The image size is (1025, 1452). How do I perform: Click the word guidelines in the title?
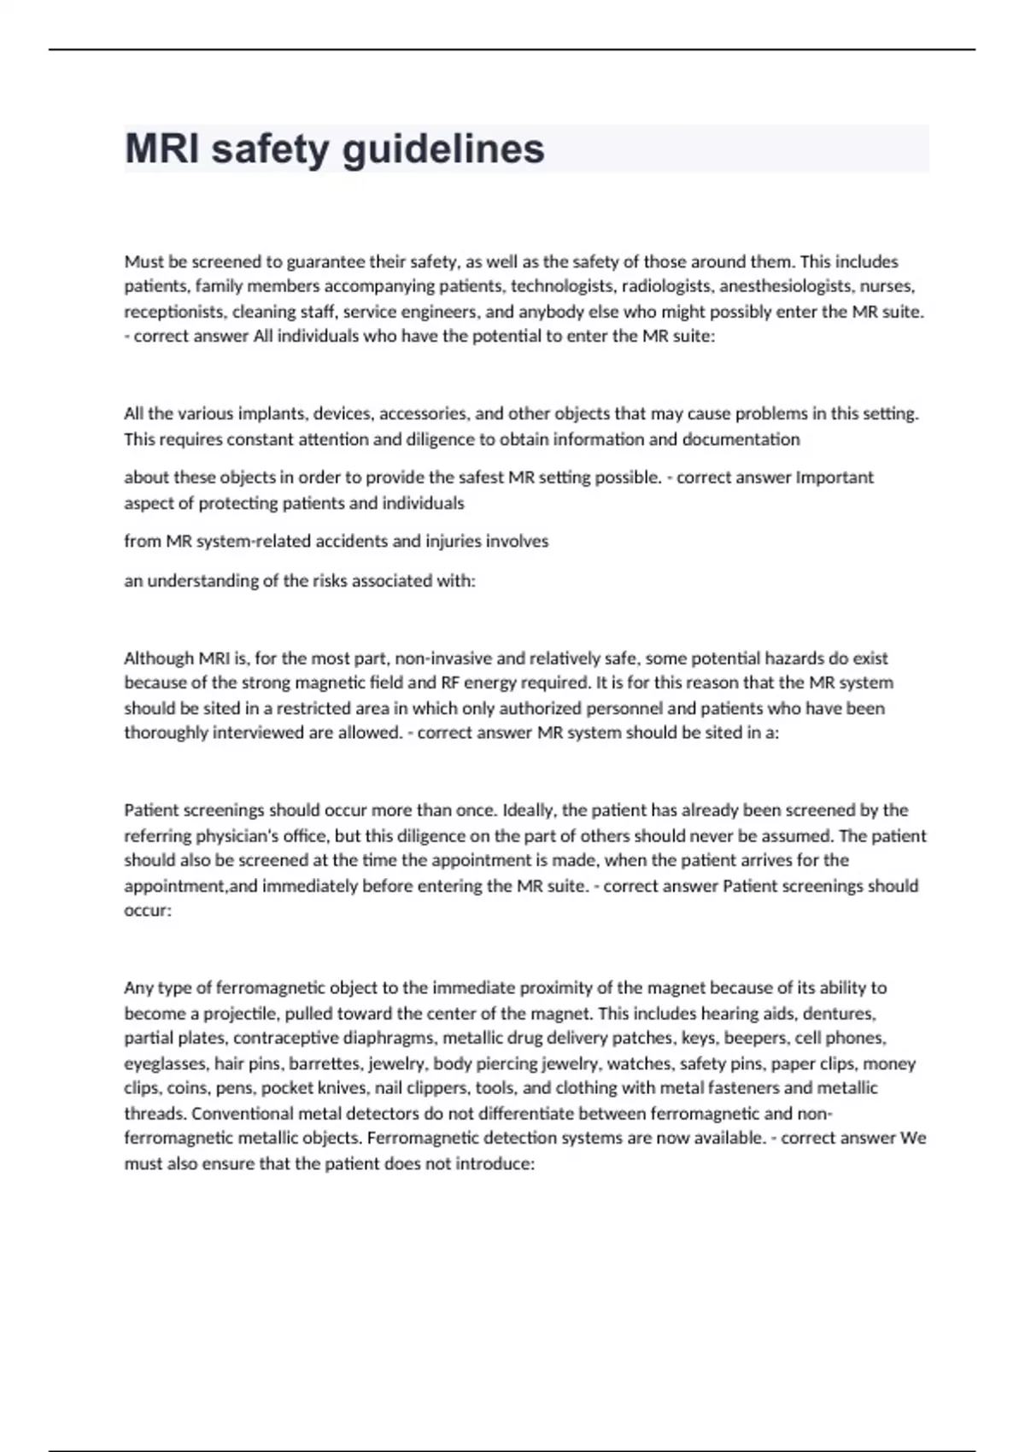(x=443, y=149)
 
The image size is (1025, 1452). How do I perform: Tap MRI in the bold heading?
(x=161, y=149)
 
